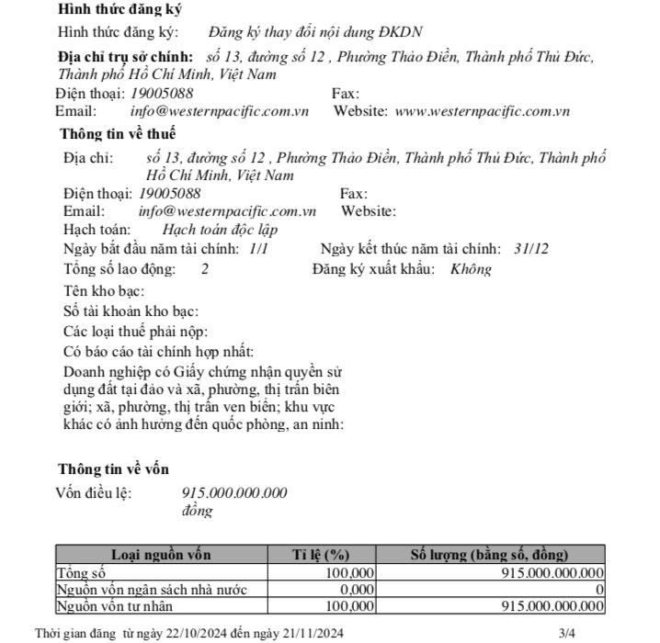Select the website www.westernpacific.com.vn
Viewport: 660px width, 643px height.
pos(482,112)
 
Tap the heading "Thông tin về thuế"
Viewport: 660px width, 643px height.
pos(119,134)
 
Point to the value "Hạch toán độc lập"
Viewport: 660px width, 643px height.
pos(220,230)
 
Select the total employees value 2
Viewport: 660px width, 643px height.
pos(205,269)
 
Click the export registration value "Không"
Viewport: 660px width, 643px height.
pos(471,269)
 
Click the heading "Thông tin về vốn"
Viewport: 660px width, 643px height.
pos(113,468)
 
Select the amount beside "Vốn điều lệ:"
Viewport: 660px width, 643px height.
pos(234,493)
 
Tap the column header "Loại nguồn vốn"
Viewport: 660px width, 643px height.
pos(161,555)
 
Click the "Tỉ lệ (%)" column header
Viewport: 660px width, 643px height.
pos(321,555)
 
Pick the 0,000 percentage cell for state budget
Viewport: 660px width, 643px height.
pos(357,589)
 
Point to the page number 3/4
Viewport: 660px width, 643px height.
pos(566,633)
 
